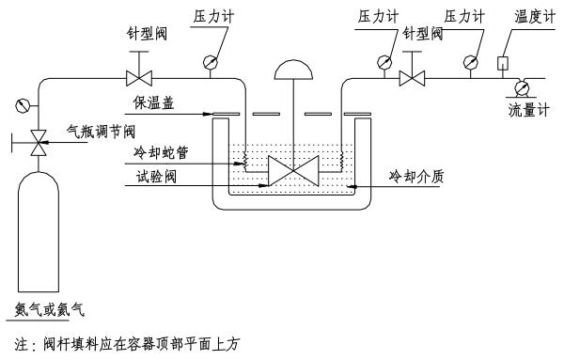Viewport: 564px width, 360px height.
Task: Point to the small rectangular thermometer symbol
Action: [503, 64]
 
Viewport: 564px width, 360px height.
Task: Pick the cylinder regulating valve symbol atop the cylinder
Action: [39, 142]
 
